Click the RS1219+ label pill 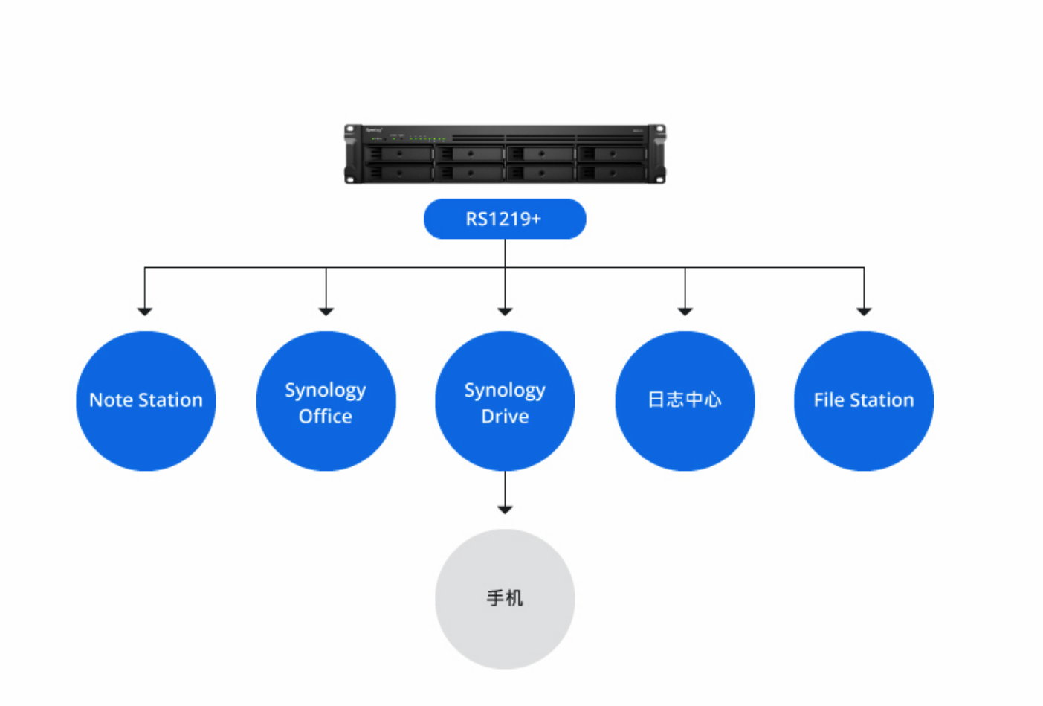coord(505,219)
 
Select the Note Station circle coord(146,401)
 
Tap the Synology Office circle coord(326,401)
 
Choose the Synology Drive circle coord(505,401)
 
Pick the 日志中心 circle coord(685,401)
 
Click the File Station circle coord(864,401)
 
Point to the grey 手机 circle coord(505,599)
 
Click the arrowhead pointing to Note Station coord(145,311)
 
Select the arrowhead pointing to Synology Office coord(326,311)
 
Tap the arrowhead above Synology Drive coord(505,311)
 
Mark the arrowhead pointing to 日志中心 coord(685,311)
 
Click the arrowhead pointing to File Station coord(864,311)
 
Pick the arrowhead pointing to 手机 coord(505,510)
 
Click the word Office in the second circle coord(326,416)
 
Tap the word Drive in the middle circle coord(505,416)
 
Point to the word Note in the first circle coord(111,400)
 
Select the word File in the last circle coord(829,400)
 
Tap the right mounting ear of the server coord(657,154)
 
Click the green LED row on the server coord(427,138)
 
